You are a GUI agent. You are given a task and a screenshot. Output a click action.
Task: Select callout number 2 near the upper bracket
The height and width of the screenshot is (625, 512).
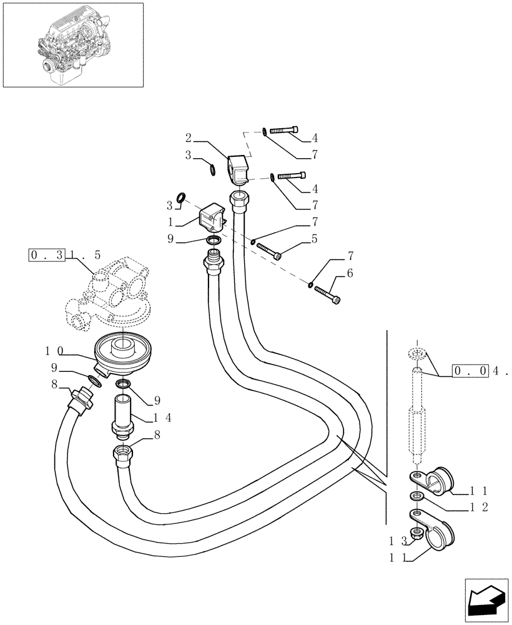pos(188,136)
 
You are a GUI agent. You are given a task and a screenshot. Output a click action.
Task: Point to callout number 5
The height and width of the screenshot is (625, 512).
pos(314,238)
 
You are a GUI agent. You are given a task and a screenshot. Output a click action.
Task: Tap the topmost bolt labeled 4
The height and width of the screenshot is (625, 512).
pos(285,130)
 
